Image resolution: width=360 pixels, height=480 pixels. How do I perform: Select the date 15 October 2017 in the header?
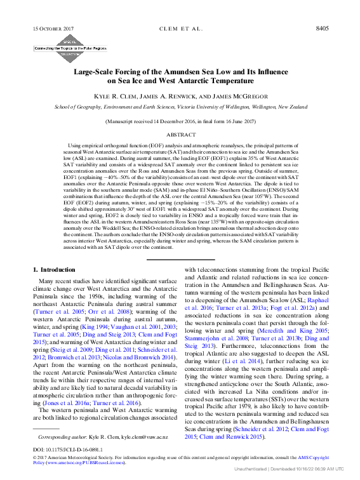(x=53, y=29)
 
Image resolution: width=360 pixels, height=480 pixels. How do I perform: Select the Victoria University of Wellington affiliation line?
(x=180, y=107)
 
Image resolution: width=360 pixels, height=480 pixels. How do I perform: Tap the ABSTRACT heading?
(x=180, y=135)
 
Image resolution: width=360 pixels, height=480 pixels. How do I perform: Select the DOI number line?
(x=68, y=449)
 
